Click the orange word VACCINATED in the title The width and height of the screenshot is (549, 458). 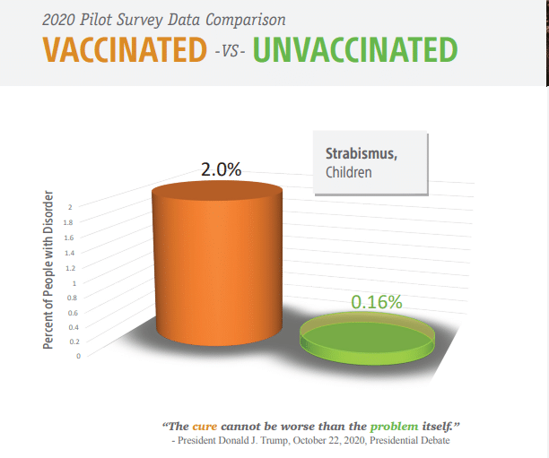[125, 49]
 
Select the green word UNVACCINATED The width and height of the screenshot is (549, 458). [355, 49]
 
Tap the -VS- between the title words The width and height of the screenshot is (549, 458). [230, 51]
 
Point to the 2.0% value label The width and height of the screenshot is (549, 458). [221, 169]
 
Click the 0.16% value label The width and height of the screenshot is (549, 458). [377, 302]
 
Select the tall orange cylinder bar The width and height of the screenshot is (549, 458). [217, 264]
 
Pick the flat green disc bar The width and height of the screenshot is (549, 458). [367, 338]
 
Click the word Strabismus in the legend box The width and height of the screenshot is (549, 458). [362, 153]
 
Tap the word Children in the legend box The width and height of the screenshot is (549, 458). [348, 172]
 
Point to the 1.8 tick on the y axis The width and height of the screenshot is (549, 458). [68, 222]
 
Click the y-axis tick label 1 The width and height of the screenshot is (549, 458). [74, 283]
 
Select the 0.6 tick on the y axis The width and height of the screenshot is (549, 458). [73, 313]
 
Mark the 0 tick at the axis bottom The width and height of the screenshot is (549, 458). [78, 356]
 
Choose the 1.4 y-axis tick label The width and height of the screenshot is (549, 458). [69, 253]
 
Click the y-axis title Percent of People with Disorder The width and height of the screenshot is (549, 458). [48, 270]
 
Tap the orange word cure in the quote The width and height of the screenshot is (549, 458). [205, 427]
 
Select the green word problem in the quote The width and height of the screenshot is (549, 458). [394, 427]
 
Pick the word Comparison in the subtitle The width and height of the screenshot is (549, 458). [246, 20]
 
